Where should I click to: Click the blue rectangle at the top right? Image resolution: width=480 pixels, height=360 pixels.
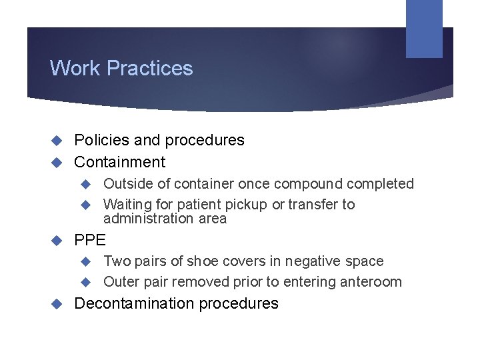[424, 28]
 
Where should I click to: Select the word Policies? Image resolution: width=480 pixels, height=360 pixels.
[101, 140]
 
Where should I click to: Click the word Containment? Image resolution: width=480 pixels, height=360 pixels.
[120, 162]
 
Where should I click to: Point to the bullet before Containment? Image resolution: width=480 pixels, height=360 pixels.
[57, 162]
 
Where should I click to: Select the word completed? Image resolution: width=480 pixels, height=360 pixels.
[386, 184]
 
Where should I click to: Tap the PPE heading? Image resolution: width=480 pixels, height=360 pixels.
[90, 239]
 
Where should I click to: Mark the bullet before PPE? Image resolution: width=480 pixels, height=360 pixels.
[57, 239]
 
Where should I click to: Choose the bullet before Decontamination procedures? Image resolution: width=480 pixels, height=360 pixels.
[57, 304]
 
